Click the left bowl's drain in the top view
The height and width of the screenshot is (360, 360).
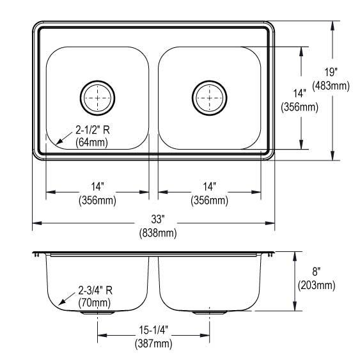point(98,98)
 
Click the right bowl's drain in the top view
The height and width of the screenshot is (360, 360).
point(209,98)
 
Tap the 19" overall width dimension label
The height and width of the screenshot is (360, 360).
point(331,72)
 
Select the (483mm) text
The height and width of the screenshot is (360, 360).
point(331,86)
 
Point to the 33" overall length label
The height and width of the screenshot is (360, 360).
point(158,219)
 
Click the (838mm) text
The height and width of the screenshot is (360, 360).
point(158,233)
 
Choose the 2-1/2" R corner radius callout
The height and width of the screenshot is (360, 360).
point(93,130)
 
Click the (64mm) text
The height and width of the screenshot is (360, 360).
point(91,143)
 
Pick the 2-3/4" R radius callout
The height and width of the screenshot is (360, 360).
point(95,291)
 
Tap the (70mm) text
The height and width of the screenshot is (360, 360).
point(95,303)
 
